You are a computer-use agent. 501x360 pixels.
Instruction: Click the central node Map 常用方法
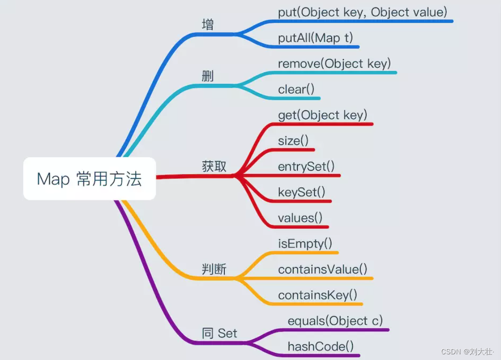[89, 179]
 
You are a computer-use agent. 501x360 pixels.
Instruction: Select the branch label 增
[208, 25]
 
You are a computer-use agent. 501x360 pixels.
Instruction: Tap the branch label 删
[208, 76]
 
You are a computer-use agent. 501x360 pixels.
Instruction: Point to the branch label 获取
[214, 167]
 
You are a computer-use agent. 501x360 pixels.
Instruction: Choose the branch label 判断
[214, 270]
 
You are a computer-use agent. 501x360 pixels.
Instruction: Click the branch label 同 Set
[219, 333]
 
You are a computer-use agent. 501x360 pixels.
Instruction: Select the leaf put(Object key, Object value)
[363, 12]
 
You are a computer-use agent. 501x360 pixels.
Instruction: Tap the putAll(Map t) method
[316, 38]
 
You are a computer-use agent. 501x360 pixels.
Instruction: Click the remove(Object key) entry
[335, 63]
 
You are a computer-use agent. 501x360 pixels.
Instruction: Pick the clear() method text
[296, 90]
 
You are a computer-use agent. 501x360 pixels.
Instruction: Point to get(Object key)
[323, 115]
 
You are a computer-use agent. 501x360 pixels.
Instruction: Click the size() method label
[293, 141]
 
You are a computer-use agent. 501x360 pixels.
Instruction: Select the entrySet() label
[306, 166]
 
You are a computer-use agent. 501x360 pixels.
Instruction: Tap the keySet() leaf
[301, 192]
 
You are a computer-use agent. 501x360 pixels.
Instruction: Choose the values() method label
[300, 218]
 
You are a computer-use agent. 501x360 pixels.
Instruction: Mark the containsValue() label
[323, 270]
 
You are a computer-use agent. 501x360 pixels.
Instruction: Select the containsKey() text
[318, 295]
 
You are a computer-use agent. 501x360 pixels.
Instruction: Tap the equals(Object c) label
[335, 321]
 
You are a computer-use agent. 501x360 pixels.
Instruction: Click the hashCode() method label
[320, 346]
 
